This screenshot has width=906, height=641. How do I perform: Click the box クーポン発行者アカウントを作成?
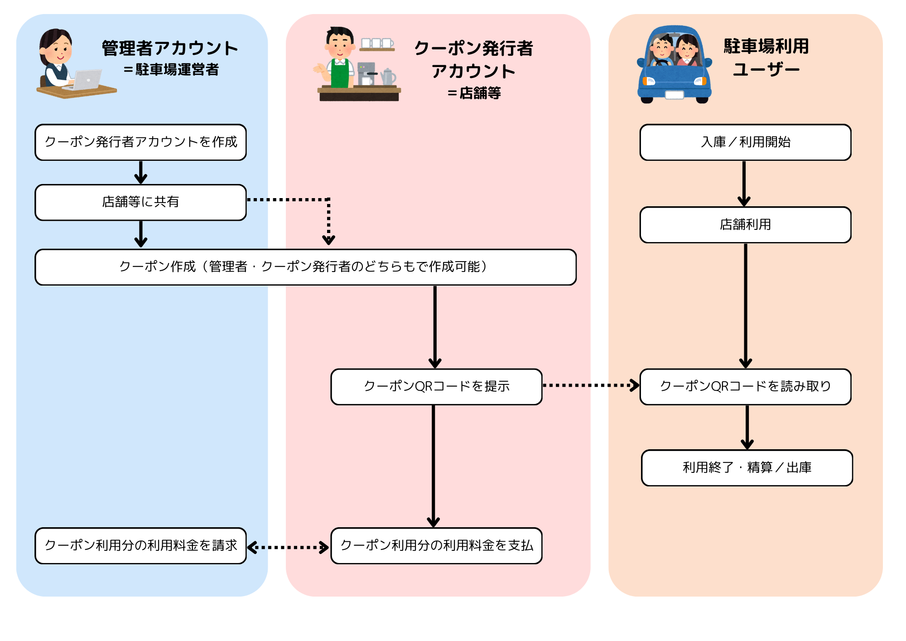click(x=140, y=142)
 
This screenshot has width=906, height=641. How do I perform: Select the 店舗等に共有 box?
click(x=140, y=202)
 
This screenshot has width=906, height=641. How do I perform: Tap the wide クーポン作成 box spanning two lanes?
click(x=305, y=267)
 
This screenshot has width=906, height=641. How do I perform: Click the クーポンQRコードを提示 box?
click(x=436, y=387)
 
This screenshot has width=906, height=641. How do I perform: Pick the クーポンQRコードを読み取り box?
click(x=745, y=387)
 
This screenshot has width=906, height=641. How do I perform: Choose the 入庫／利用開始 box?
click(x=745, y=142)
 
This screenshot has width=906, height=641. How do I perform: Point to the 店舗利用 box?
click(x=745, y=225)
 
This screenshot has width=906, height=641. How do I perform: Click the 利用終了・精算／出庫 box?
click(x=747, y=468)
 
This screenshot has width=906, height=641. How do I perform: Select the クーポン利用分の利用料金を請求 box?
click(x=140, y=546)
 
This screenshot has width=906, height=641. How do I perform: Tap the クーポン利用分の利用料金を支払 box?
click(x=436, y=546)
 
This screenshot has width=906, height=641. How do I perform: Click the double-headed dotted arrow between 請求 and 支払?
click(x=288, y=548)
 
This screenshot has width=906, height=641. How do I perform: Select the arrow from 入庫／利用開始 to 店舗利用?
click(x=744, y=183)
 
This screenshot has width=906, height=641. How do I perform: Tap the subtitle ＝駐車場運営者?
click(x=171, y=70)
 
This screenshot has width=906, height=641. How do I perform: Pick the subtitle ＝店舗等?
click(x=474, y=93)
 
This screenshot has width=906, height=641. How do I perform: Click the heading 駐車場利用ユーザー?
click(x=766, y=58)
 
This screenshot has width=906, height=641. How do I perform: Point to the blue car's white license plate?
click(x=674, y=95)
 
